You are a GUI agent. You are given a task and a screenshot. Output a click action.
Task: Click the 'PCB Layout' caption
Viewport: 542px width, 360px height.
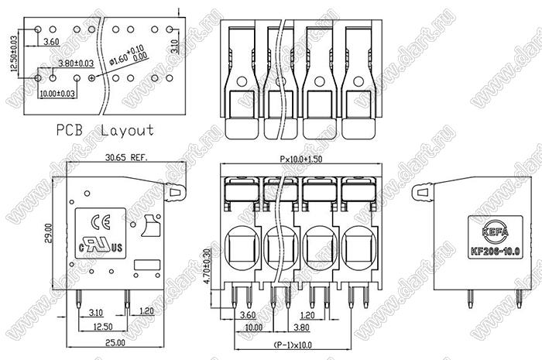click(105, 130)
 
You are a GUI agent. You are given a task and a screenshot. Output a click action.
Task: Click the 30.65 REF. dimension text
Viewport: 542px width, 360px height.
click(127, 157)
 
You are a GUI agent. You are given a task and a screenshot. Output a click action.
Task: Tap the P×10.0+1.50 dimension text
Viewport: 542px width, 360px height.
click(301, 159)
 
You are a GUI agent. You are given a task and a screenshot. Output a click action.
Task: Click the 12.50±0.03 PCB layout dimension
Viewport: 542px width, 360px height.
click(13, 53)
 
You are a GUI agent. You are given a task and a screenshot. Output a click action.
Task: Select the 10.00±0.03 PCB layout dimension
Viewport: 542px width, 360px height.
click(57, 94)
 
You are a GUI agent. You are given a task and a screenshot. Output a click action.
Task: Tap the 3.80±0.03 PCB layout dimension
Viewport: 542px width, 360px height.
click(76, 63)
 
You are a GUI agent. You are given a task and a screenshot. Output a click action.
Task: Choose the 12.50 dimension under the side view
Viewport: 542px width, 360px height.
click(102, 327)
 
